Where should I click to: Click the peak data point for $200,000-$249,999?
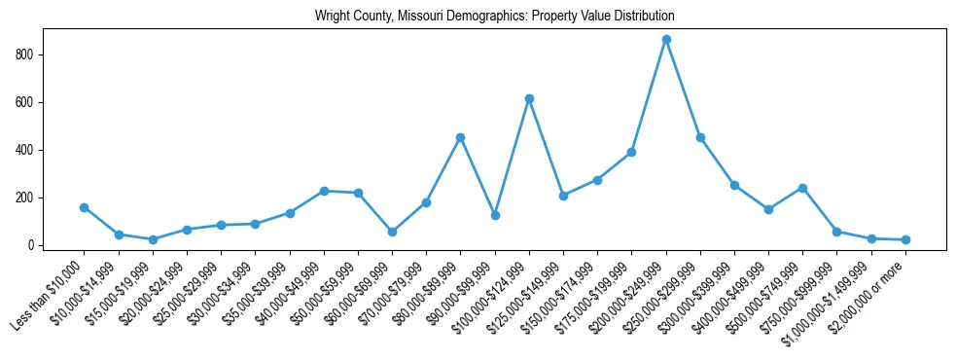[x=666, y=40]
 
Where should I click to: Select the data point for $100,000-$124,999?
[x=529, y=98]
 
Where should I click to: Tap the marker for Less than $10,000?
[x=85, y=207]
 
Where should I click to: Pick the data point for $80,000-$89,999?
[x=460, y=137]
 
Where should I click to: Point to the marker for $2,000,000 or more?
[x=905, y=239]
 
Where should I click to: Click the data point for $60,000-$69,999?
[x=392, y=232]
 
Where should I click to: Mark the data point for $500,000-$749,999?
[x=802, y=188]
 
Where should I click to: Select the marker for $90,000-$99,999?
[x=495, y=215]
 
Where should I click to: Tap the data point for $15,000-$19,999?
[x=153, y=239]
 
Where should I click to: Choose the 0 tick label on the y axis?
[x=32, y=245]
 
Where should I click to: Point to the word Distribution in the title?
[x=644, y=17]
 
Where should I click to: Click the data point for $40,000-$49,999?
[x=324, y=191]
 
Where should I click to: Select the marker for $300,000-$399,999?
[x=734, y=185]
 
